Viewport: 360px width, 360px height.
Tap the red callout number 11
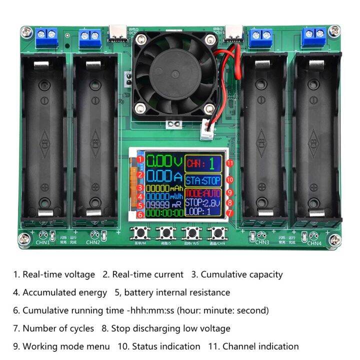click(x=229, y=163)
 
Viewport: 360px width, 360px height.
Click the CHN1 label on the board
click(x=42, y=243)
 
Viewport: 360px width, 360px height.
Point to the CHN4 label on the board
click(x=313, y=243)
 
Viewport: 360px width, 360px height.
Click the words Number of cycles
click(x=58, y=328)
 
